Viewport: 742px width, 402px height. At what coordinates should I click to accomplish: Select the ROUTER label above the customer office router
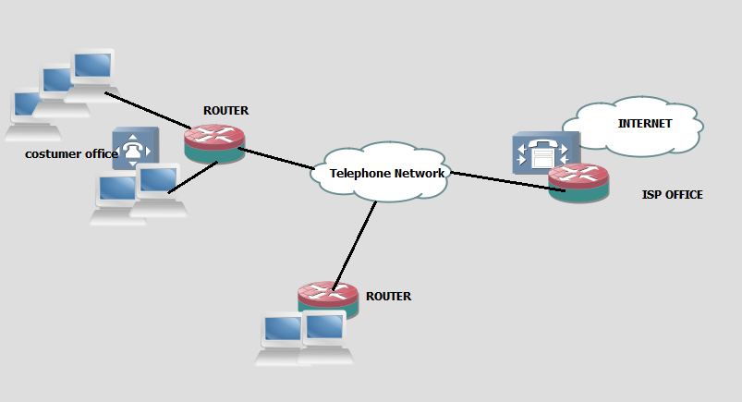pyautogui.click(x=225, y=111)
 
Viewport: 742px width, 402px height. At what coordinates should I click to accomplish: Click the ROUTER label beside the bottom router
pyautogui.click(x=388, y=297)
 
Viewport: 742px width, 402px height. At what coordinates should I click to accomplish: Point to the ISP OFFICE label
pyautogui.click(x=672, y=195)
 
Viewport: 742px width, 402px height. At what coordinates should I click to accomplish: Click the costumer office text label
pyautogui.click(x=70, y=153)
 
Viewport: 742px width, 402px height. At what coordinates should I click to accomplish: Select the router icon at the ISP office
pyautogui.click(x=578, y=183)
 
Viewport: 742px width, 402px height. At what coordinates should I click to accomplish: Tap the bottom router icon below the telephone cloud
pyautogui.click(x=328, y=298)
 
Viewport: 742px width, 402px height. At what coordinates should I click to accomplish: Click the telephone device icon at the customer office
pyautogui.click(x=135, y=148)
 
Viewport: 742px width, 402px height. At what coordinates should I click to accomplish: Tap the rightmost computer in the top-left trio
pyautogui.click(x=92, y=69)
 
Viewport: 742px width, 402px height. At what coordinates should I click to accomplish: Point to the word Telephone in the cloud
pyautogui.click(x=359, y=173)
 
